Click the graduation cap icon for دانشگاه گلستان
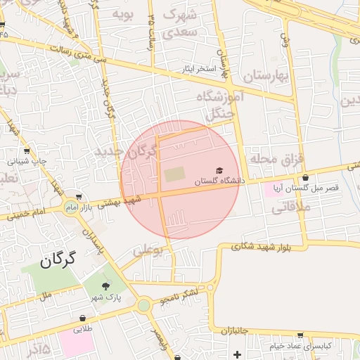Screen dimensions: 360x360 click(x=219, y=171)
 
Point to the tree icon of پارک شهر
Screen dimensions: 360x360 click(x=105, y=285)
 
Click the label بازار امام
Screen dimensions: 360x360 click(x=79, y=208)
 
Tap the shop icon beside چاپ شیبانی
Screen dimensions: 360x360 click(x=27, y=150)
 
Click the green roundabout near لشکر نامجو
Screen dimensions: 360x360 click(x=144, y=305)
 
